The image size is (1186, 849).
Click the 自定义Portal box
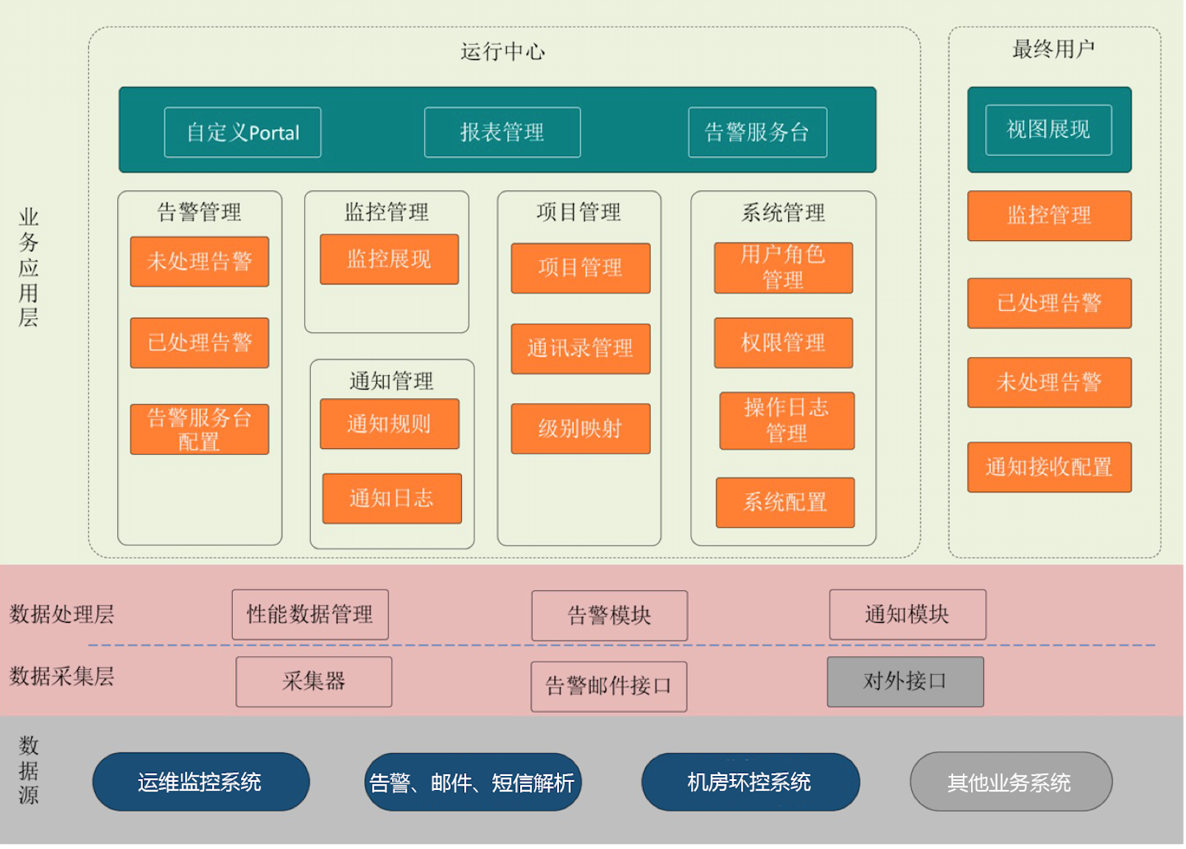(242, 133)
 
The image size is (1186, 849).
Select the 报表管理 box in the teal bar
(502, 133)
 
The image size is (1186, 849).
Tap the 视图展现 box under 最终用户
(1048, 130)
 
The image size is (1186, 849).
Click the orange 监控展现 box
(389, 259)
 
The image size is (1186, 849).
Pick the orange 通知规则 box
(389, 424)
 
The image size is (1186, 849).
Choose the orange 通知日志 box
(392, 499)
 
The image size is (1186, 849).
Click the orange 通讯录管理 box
(580, 349)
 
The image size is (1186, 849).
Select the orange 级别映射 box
(580, 429)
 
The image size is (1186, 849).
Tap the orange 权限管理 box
(783, 343)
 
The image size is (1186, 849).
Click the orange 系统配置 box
(785, 503)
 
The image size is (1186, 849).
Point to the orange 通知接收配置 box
(1049, 467)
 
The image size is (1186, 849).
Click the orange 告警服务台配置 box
(200, 430)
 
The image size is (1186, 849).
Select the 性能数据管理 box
(310, 615)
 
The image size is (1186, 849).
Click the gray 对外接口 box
(905, 682)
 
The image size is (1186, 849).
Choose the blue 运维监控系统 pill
(200, 782)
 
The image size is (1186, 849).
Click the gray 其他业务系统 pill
(1011, 782)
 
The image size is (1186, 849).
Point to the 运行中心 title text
(503, 52)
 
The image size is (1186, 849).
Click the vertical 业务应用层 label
(29, 268)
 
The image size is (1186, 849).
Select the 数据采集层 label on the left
(62, 677)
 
